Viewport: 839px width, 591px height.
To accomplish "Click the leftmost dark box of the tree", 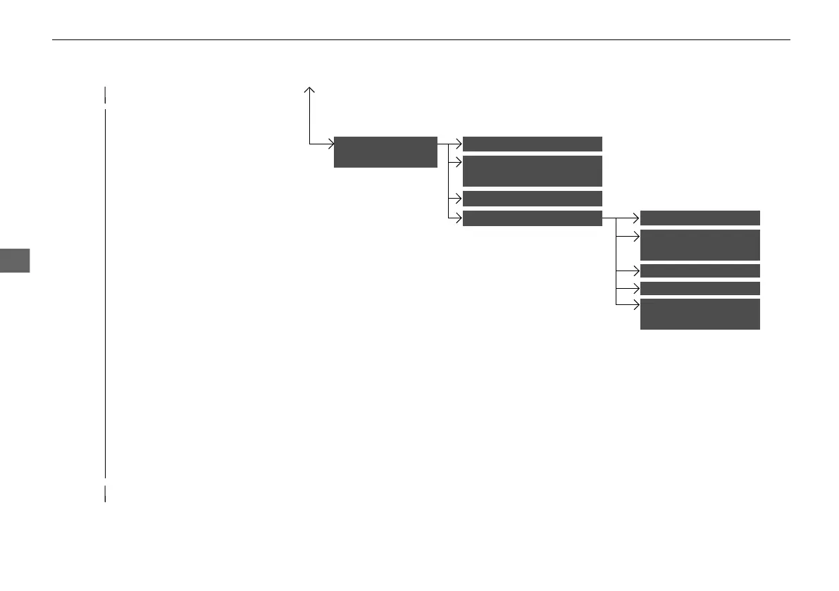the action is click(x=385, y=151).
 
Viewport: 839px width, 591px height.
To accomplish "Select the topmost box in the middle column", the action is click(x=532, y=144).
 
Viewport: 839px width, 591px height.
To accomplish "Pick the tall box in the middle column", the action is click(x=532, y=171).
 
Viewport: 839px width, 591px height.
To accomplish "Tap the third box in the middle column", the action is click(x=532, y=198).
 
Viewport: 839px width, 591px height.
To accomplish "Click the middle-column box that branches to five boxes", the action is click(x=532, y=218).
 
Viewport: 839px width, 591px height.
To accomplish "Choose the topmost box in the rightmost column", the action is click(x=700, y=217).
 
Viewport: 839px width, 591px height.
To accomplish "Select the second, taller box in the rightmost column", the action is click(x=700, y=244).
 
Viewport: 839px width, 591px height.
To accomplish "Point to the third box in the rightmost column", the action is click(x=700, y=271).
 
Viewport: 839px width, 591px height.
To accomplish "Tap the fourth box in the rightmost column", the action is click(x=700, y=288).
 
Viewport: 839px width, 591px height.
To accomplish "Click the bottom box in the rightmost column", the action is click(x=700, y=314).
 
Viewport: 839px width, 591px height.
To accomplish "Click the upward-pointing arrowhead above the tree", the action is click(x=309, y=89).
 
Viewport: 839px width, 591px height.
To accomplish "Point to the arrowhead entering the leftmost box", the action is click(x=330, y=144).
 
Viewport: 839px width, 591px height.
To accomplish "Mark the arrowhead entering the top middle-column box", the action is click(x=459, y=144).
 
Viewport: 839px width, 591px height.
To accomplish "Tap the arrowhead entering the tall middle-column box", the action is click(x=459, y=161).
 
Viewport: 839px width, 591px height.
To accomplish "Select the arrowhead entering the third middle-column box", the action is click(x=459, y=198).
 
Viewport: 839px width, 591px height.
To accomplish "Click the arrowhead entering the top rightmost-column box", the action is click(x=637, y=218).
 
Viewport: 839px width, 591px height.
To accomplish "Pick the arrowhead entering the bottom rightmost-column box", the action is click(x=637, y=304).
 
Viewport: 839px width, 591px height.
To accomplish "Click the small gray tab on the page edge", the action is click(x=15, y=260).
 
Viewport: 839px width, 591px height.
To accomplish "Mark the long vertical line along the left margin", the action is click(x=105, y=292).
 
